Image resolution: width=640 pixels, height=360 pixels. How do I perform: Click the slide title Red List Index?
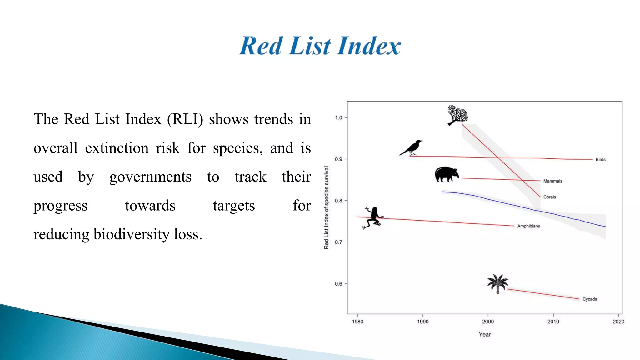319,46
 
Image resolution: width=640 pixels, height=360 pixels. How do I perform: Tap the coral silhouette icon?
457,115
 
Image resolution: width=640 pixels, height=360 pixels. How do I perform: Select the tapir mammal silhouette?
446,174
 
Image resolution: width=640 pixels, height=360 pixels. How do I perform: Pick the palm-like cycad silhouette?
498,283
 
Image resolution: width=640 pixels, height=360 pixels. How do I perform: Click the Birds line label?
600,159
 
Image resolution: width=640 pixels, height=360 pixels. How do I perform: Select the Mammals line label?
552,181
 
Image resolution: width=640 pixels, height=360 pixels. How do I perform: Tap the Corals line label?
549,197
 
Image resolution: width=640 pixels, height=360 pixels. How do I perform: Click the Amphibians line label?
528,226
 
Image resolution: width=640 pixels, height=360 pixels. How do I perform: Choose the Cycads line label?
589,299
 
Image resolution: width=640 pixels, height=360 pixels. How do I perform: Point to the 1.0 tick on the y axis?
339,117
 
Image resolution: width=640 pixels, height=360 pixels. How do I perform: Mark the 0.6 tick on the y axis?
339,284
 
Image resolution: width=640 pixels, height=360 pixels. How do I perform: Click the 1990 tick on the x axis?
422,322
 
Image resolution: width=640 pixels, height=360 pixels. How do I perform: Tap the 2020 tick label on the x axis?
618,322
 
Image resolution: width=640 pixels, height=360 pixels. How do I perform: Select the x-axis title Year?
485,334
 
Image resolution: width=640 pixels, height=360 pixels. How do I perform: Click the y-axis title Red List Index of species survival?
326,207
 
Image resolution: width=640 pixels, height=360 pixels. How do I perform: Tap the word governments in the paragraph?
150,177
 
